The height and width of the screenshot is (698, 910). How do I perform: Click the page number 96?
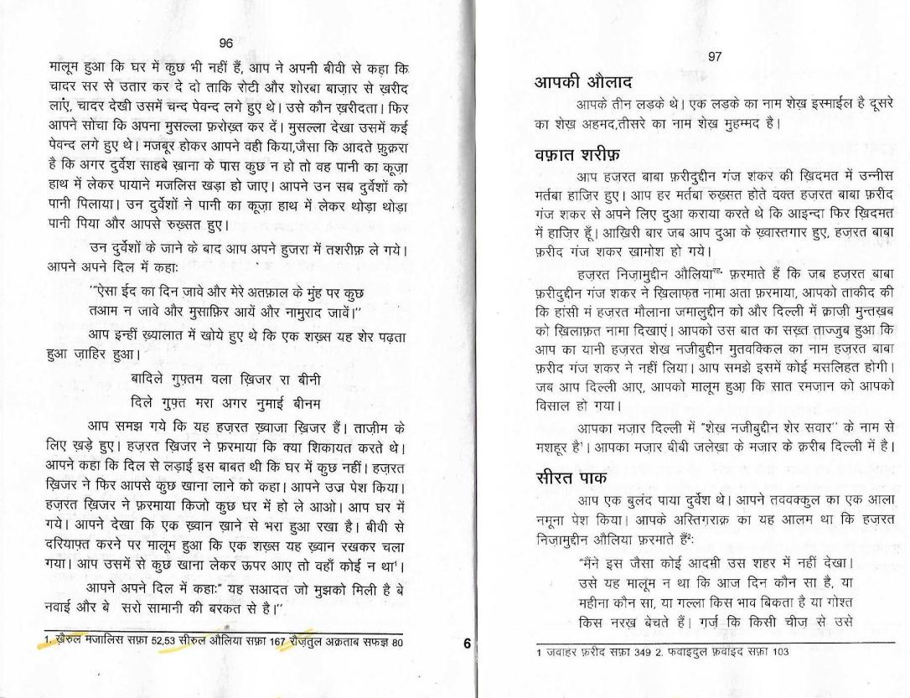[x=225, y=44]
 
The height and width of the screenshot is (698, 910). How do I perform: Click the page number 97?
[x=715, y=56]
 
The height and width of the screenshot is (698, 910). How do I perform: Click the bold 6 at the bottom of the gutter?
[x=467, y=644]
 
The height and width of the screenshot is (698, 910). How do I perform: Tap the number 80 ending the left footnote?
[x=396, y=643]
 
